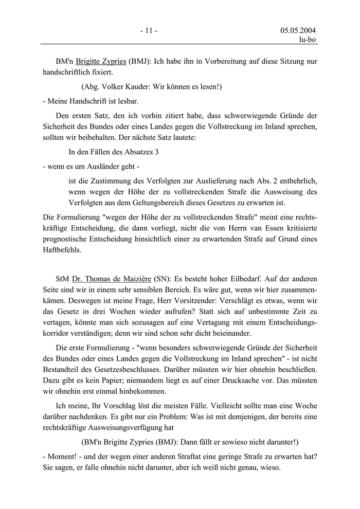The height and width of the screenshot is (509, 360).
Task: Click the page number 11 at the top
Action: [x=149, y=31]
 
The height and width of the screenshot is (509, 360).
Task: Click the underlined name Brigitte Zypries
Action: [x=101, y=61]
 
